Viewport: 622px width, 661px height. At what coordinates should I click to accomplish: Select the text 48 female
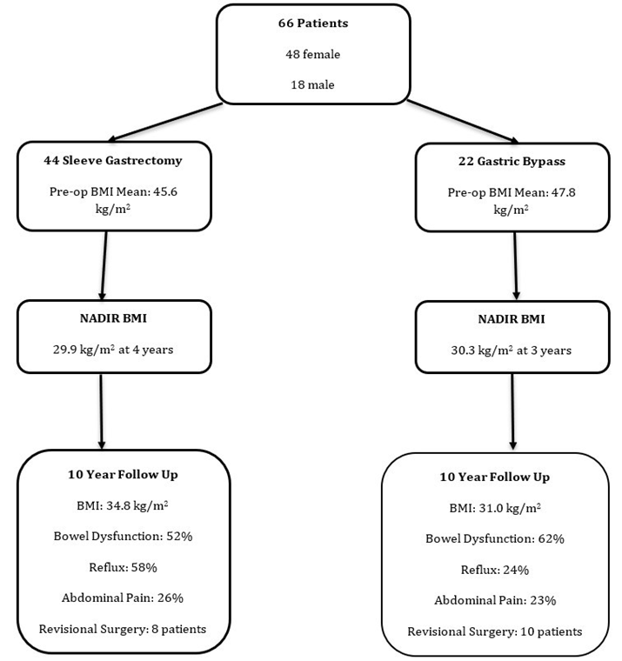312,54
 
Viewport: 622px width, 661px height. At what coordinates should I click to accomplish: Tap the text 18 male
312,85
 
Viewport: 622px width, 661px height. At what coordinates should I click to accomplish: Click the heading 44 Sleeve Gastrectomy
113,160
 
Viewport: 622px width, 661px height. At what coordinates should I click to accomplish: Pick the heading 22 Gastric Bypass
512,161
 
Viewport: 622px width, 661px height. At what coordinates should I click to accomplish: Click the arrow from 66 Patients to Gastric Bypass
462,121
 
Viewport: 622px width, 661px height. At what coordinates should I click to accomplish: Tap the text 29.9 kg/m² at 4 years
113,351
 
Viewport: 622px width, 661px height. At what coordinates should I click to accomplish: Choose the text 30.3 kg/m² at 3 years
512,351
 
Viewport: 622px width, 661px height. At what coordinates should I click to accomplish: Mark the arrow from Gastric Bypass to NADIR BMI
516,265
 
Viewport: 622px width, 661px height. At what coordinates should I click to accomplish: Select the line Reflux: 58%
122,567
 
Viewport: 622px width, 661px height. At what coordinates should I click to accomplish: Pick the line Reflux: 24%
494,570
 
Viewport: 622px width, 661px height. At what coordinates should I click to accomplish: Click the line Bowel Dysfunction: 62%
494,538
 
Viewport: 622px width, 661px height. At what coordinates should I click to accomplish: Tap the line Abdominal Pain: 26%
122,598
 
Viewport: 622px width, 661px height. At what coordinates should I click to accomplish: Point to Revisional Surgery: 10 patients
494,631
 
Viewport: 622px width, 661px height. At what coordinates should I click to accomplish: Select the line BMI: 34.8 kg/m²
122,505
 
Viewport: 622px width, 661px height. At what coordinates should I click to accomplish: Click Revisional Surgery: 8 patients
122,628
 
